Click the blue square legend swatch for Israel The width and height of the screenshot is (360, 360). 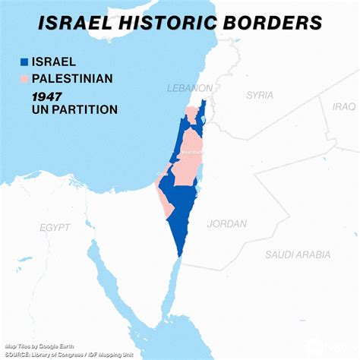pyautogui.click(x=24, y=62)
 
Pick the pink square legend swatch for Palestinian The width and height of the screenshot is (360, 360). pyautogui.click(x=24, y=78)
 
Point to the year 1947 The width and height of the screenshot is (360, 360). pyautogui.click(x=47, y=95)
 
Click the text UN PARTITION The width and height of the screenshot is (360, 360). pyautogui.click(x=74, y=110)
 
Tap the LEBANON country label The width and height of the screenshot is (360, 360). pyautogui.click(x=189, y=88)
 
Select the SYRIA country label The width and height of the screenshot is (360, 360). pyautogui.click(x=259, y=95)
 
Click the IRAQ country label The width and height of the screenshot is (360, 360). pyautogui.click(x=343, y=106)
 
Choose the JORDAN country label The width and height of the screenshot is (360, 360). pyautogui.click(x=227, y=224)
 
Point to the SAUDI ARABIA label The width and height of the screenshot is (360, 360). pyautogui.click(x=298, y=255)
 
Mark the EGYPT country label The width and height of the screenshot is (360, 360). pyautogui.click(x=55, y=227)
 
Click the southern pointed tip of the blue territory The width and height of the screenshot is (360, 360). pyautogui.click(x=181, y=254)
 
